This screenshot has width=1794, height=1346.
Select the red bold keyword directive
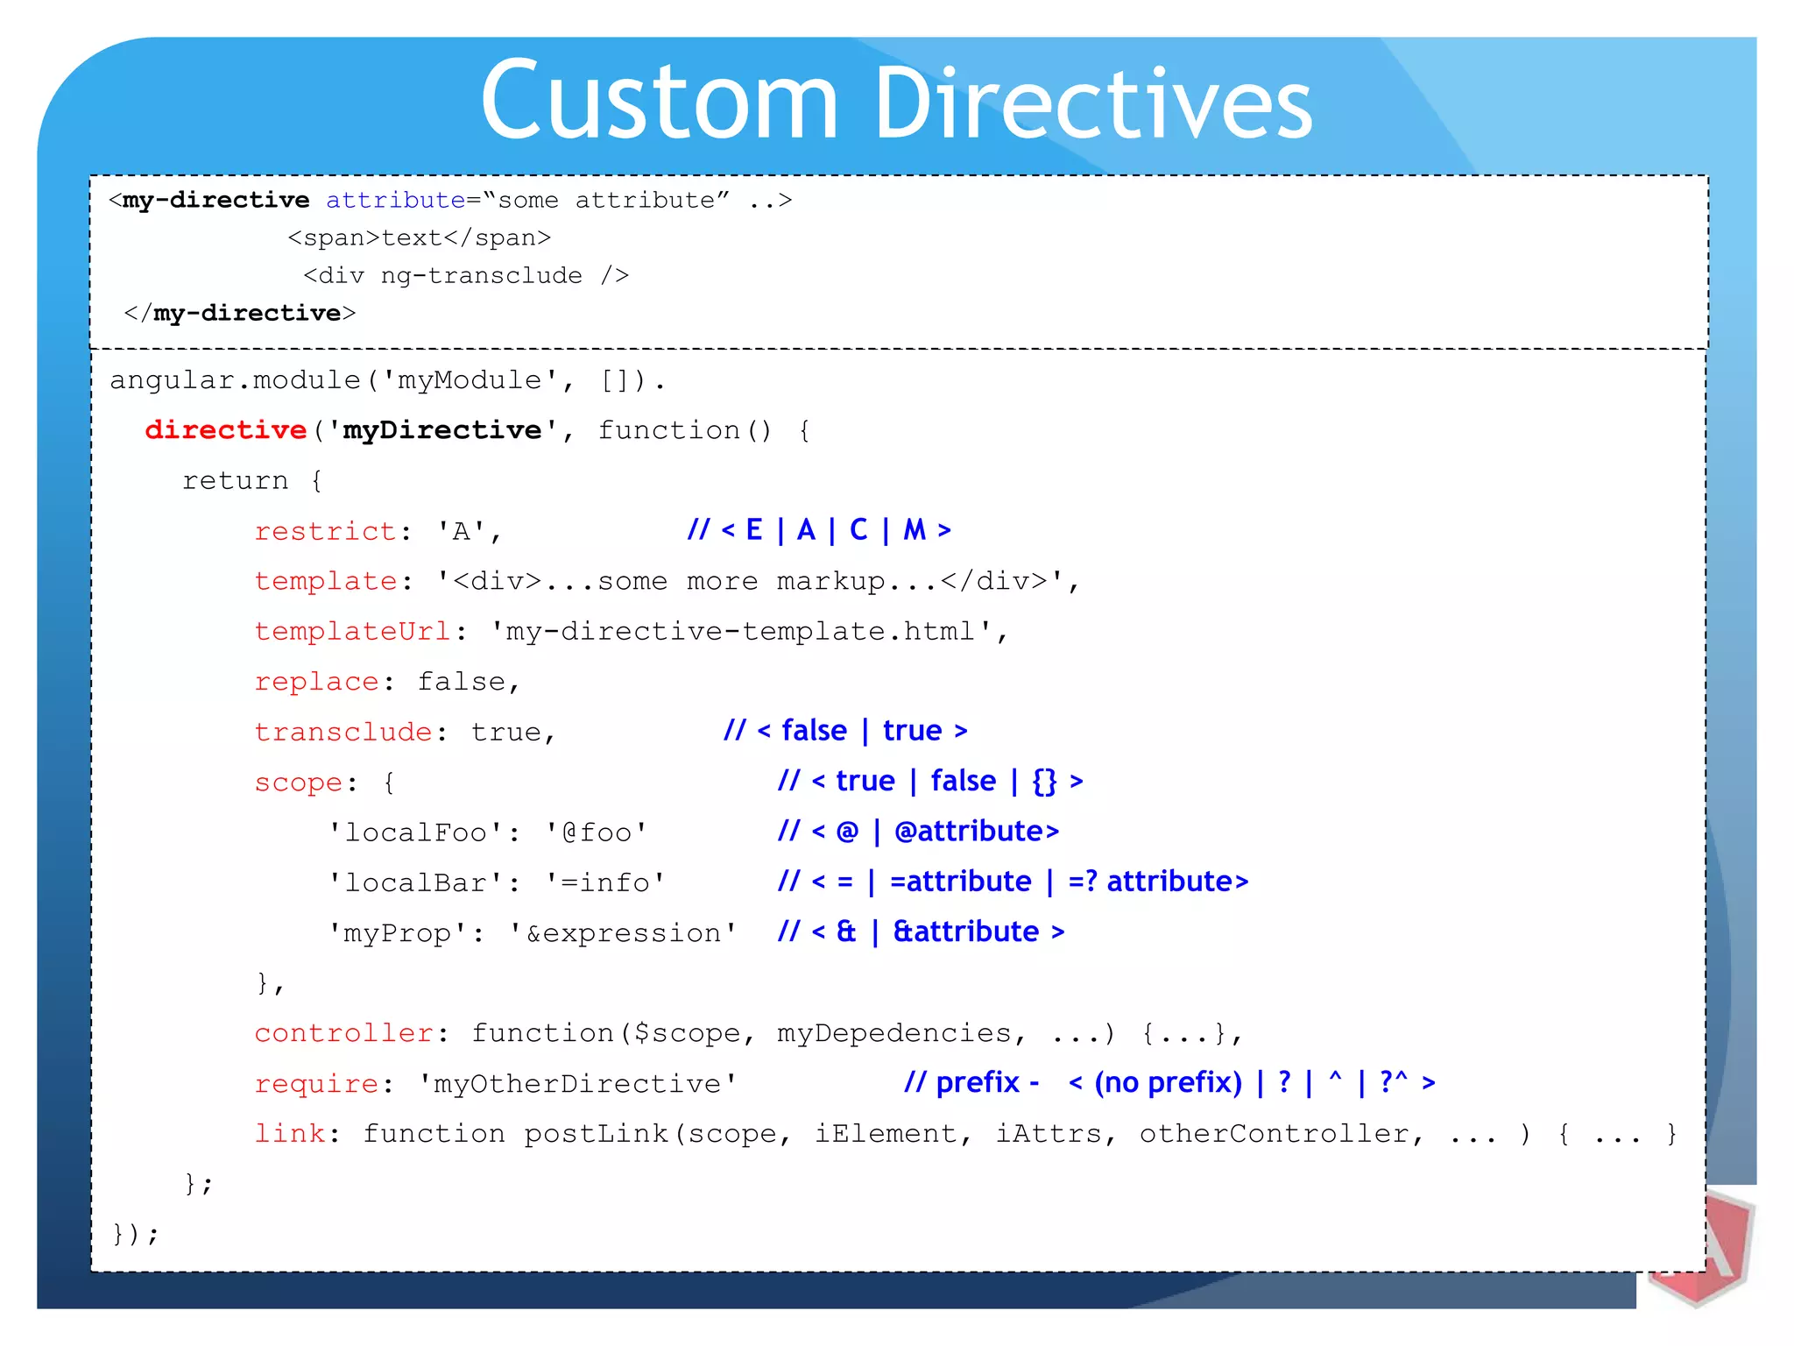click(225, 430)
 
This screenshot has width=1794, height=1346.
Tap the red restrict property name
click(325, 531)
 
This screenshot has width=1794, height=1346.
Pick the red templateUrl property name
click(352, 632)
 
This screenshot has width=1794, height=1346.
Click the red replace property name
click(316, 682)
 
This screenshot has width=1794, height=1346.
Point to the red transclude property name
click(343, 732)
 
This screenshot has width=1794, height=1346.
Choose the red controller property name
click(343, 1033)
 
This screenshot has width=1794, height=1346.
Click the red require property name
click(316, 1084)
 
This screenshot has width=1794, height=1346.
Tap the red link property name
click(289, 1134)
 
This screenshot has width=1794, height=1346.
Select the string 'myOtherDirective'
click(578, 1084)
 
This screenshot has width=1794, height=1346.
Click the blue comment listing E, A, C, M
click(819, 530)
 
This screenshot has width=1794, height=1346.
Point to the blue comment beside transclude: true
click(845, 731)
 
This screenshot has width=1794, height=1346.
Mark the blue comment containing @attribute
click(918, 832)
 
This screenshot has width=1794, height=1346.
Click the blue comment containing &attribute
click(921, 932)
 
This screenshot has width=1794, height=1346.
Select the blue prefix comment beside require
click(1169, 1083)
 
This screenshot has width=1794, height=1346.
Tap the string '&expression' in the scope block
click(623, 933)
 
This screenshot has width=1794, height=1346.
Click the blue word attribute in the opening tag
click(395, 201)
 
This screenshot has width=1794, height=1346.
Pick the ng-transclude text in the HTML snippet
click(481, 276)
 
